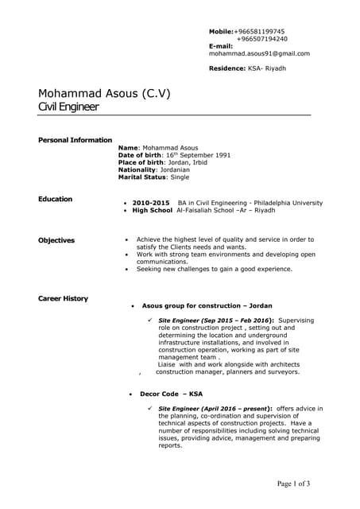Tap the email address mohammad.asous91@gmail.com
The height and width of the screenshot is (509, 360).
click(x=259, y=54)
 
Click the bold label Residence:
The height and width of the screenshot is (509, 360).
click(x=227, y=69)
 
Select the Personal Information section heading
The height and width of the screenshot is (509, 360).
click(x=75, y=140)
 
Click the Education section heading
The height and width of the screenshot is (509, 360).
click(x=56, y=199)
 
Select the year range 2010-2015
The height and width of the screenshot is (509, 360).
click(x=151, y=203)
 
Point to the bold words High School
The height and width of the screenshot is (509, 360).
click(x=152, y=211)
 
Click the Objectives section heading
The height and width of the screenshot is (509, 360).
click(x=56, y=240)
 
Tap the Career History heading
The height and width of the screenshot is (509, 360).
click(x=64, y=298)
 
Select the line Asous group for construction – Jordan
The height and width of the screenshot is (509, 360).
click(x=207, y=305)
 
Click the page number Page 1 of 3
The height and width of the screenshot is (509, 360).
click(x=293, y=484)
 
